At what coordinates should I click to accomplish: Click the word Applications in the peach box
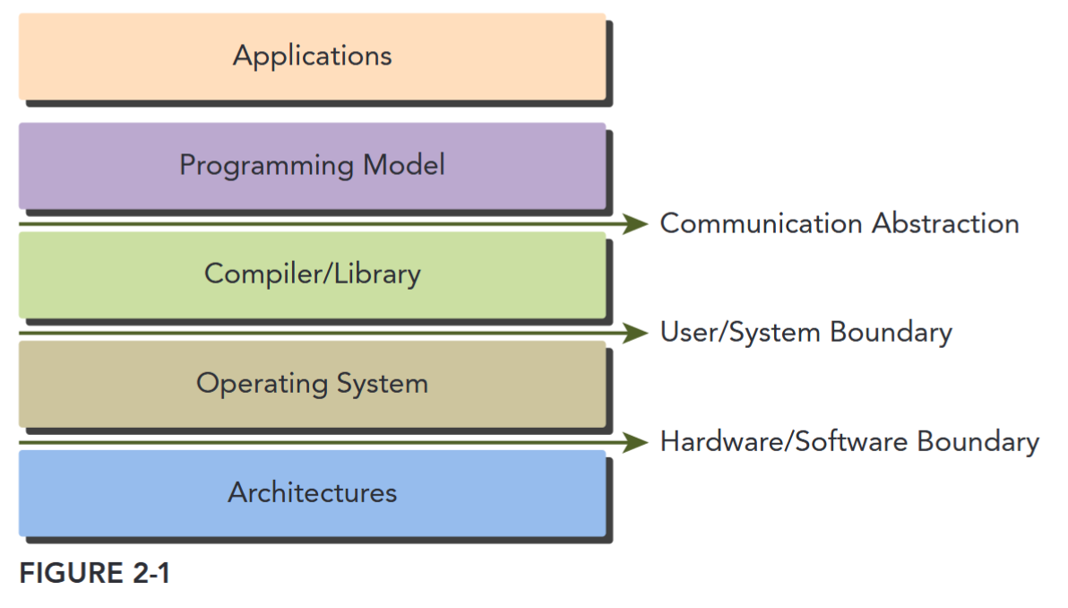pos(312,56)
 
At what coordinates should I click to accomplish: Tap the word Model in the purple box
pos(404,165)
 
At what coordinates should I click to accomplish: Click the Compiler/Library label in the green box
pos(312,274)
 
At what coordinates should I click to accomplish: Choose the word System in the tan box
pos(383,384)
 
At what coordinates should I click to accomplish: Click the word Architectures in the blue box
pos(312,492)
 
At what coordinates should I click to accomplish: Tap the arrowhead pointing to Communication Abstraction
pos(637,223)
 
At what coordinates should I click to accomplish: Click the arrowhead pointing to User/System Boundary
pos(637,333)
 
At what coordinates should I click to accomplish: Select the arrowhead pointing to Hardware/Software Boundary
pos(637,442)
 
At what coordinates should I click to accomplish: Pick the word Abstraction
pos(949,223)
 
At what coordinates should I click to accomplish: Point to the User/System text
pos(740,333)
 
